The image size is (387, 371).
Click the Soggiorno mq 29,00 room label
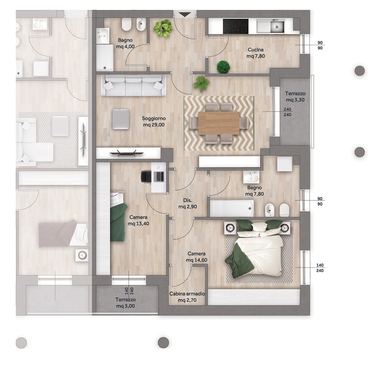coord(154,122)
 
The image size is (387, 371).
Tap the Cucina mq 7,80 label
coord(256,53)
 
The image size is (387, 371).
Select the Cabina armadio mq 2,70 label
coord(187,297)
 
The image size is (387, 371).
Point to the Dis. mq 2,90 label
coord(188,203)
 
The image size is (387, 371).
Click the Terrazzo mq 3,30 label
coord(295,97)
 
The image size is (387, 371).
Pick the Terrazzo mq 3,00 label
coord(125,303)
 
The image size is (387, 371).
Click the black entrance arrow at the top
coord(185,15)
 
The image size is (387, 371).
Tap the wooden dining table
coord(219,123)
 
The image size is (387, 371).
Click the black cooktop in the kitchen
coord(236,26)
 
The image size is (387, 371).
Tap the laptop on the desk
coord(159,176)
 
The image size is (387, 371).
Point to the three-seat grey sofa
coord(133,85)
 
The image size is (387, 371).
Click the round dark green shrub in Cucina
coord(223,67)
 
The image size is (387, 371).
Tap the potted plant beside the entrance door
coord(163,28)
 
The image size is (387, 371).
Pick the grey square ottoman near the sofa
coord(121,119)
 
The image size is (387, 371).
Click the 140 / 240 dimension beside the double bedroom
coord(320,268)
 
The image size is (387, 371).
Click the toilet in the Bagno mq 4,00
coord(127,24)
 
